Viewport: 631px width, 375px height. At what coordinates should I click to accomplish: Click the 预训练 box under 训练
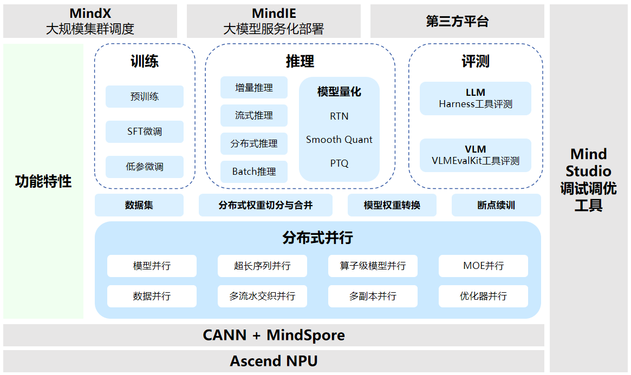[x=144, y=97]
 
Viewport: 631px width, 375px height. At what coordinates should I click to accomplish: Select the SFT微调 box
[x=144, y=131]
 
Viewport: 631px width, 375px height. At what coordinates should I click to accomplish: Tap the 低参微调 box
[x=144, y=167]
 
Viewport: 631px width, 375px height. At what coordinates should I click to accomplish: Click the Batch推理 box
[x=254, y=172]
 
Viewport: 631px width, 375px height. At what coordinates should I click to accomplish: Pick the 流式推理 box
[x=254, y=115]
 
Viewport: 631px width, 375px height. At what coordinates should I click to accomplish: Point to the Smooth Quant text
[x=339, y=140]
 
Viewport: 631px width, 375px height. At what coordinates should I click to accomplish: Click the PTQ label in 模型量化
[x=339, y=163]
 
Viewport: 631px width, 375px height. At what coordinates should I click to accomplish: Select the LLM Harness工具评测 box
[x=475, y=98]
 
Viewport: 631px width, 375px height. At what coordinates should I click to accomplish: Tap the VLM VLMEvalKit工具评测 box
[x=475, y=155]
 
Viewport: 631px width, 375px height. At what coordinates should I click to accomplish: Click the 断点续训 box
[x=496, y=205]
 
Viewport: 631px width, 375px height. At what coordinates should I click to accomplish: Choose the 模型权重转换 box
[x=392, y=205]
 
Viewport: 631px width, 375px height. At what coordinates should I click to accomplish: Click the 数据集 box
[x=139, y=205]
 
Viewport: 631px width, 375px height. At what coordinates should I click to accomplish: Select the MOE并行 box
[x=483, y=266]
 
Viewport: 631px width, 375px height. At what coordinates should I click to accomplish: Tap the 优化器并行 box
[x=483, y=296]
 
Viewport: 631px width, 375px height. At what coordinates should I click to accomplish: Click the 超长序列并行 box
[x=262, y=266]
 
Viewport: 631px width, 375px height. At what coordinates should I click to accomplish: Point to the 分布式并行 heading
[x=317, y=238]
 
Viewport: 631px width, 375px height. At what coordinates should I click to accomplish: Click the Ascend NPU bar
[x=274, y=361]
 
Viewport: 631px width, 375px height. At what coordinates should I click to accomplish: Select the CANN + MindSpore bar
[x=274, y=335]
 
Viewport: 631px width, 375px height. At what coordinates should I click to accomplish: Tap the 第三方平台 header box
[x=457, y=21]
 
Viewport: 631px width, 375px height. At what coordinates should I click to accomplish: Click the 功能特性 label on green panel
[x=43, y=181]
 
